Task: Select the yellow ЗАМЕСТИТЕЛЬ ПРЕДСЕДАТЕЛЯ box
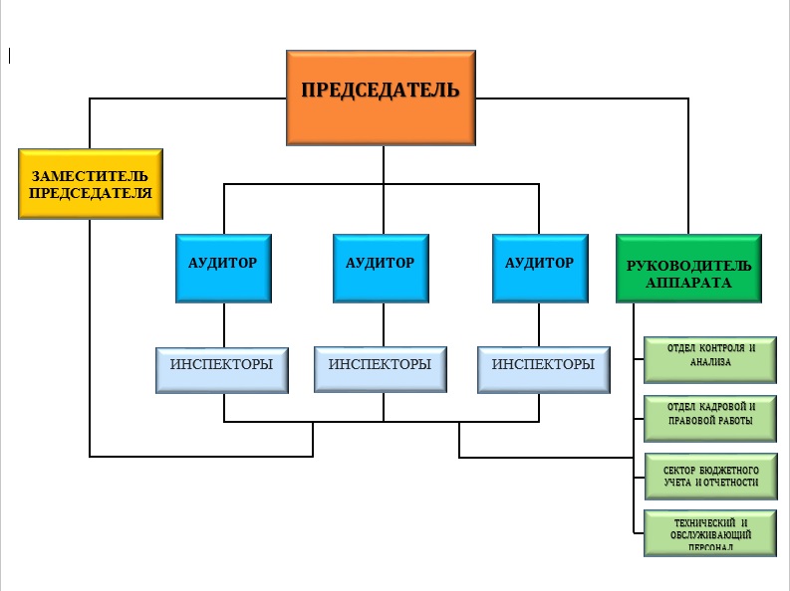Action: pos(90,184)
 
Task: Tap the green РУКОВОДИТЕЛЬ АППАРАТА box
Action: pos(688,268)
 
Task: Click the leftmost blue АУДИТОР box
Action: pos(223,268)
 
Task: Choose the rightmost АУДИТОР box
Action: pos(539,268)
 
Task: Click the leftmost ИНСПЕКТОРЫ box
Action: pos(221,369)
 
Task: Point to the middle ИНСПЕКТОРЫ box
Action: pos(380,369)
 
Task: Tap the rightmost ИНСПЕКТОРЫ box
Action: pos(543,369)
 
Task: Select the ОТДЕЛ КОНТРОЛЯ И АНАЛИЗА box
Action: pos(709,358)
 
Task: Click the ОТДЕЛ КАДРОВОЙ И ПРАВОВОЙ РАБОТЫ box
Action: pos(709,418)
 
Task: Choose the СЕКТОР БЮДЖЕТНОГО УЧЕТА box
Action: pos(709,478)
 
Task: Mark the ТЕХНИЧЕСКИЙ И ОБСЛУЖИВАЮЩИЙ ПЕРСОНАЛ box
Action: pos(709,533)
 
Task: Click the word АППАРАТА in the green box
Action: pos(687,283)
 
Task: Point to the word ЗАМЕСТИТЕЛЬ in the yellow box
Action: pos(90,176)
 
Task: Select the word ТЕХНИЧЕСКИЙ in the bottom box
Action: pos(698,522)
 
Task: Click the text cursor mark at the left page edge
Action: pos(9,56)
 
